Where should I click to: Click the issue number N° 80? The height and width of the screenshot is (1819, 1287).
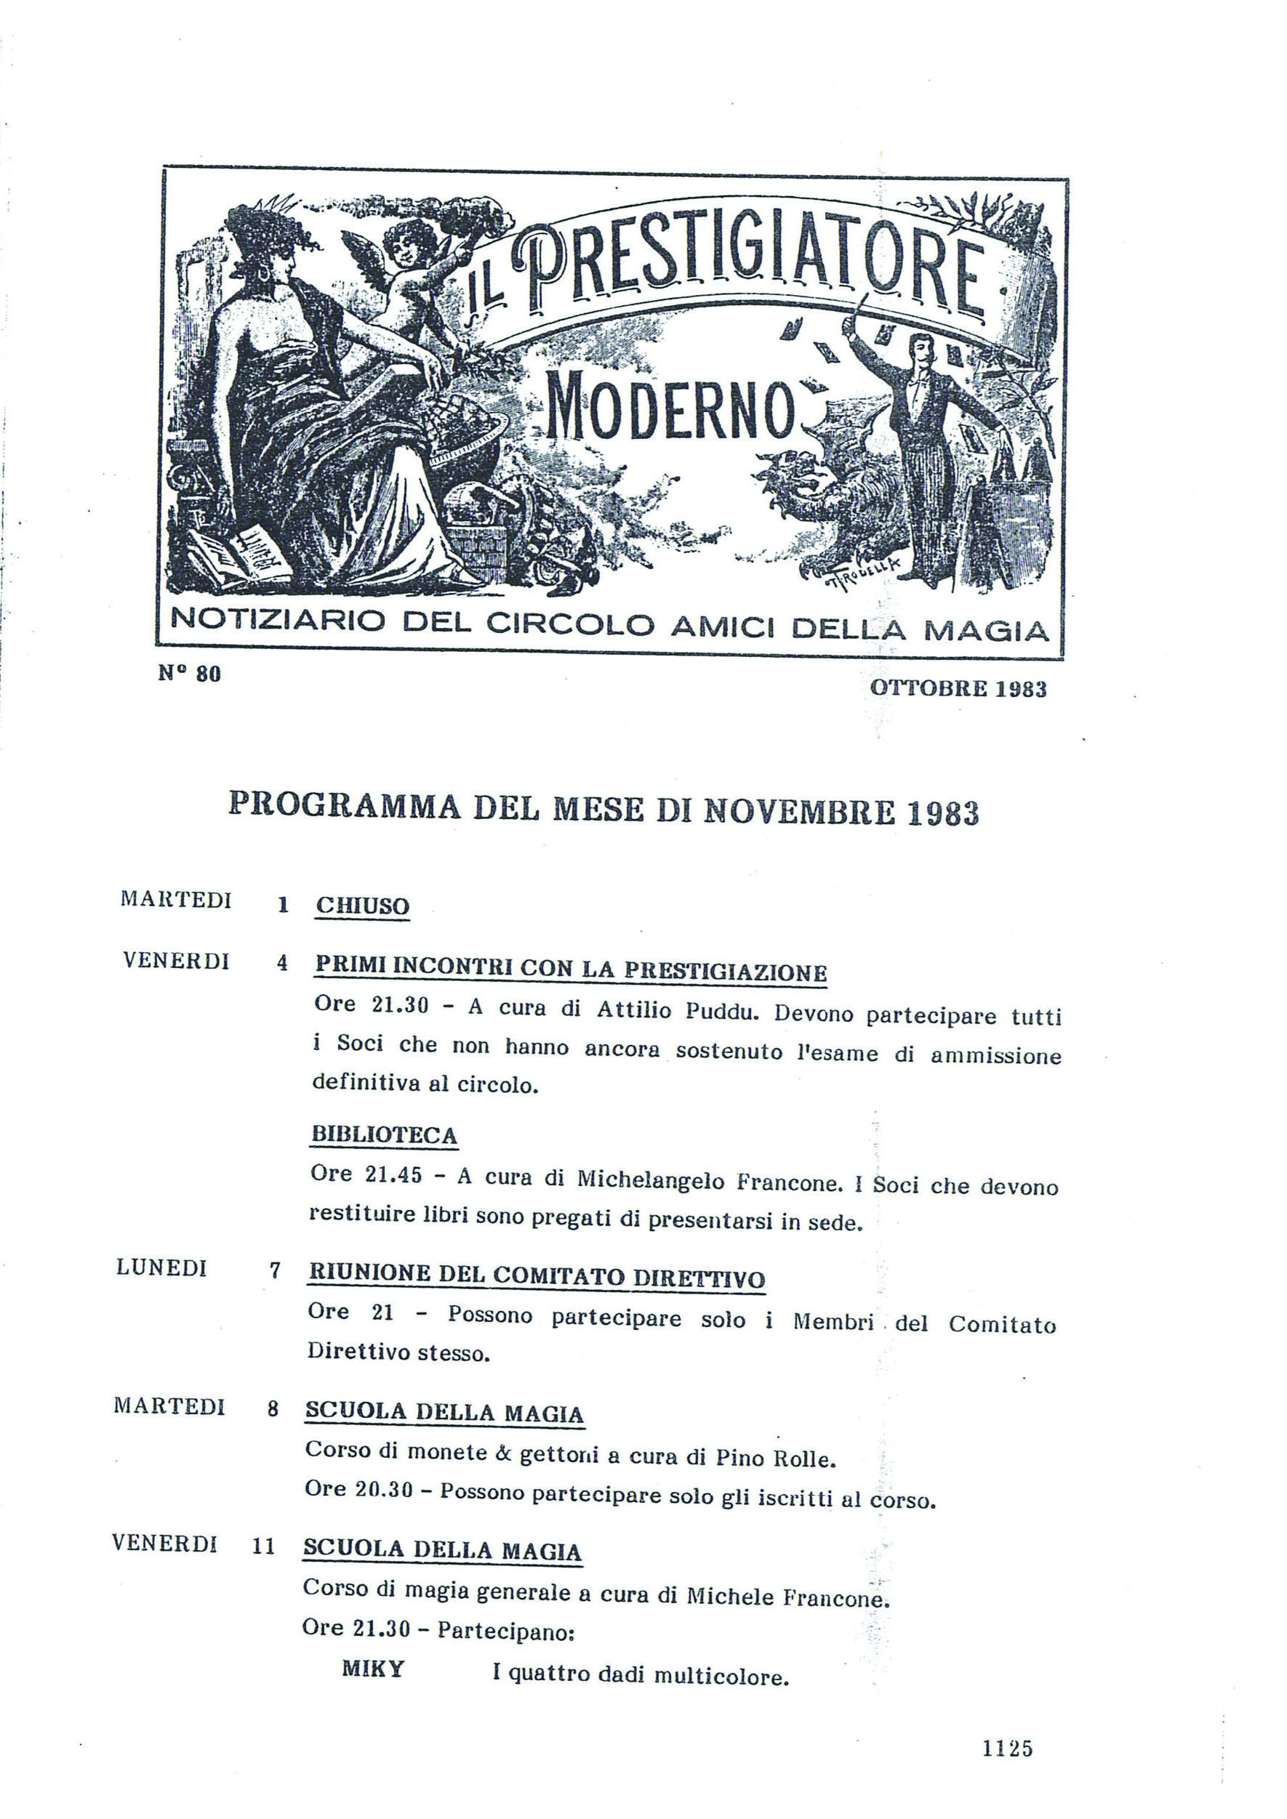[189, 674]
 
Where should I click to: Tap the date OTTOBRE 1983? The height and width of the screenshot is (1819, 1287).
[958, 688]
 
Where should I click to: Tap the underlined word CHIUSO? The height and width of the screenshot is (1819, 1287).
[362, 906]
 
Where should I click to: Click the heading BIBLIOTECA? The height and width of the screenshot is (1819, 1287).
[384, 1134]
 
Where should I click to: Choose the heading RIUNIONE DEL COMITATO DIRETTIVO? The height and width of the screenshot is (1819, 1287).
[537, 1275]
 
